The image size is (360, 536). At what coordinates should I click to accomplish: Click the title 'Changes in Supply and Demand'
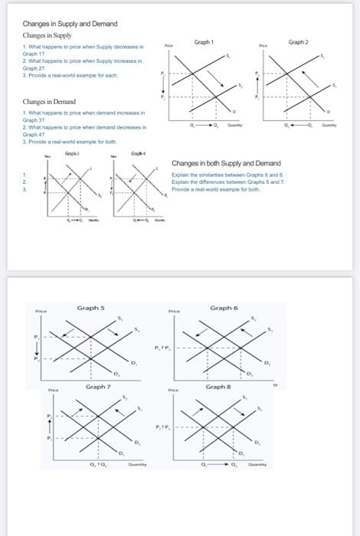pos(70,24)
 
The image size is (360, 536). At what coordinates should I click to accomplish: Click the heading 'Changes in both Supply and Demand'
pos(226,164)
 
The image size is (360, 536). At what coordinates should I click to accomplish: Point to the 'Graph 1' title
pos(205,41)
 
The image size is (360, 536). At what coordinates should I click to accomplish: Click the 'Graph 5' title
pos(90,308)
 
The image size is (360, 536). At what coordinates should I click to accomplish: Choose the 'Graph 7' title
pos(98,387)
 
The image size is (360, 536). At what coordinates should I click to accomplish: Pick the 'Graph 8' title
pos(218,387)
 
